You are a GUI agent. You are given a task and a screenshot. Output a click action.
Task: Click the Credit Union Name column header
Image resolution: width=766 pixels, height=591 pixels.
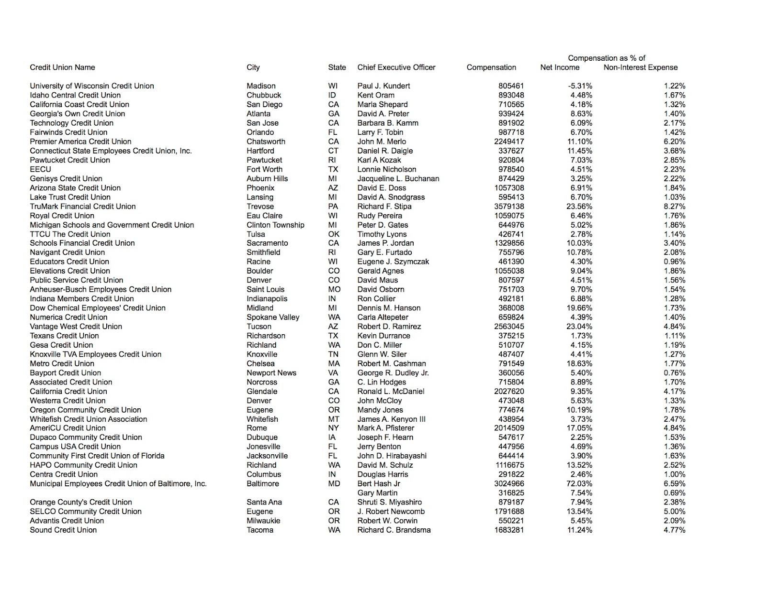(x=62, y=67)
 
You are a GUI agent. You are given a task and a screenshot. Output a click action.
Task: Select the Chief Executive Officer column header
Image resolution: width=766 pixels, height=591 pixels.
(x=396, y=67)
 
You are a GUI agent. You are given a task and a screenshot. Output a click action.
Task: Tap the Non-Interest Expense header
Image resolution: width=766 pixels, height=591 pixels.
(x=641, y=67)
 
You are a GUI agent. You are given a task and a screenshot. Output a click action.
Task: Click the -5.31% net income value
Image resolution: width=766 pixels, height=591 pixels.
(x=580, y=86)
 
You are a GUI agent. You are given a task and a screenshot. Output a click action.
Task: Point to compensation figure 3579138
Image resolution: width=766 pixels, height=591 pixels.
(x=509, y=207)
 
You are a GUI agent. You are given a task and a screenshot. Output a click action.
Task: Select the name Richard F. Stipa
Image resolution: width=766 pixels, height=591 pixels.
(x=384, y=207)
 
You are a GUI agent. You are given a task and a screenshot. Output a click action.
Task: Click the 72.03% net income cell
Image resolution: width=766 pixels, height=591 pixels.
(x=579, y=484)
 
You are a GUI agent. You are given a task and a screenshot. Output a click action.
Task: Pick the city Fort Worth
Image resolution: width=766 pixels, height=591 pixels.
(x=264, y=169)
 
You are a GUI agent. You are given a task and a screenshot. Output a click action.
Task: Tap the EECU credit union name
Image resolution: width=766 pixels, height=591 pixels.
(x=40, y=169)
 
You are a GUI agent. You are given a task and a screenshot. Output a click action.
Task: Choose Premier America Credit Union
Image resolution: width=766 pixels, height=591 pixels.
(x=80, y=142)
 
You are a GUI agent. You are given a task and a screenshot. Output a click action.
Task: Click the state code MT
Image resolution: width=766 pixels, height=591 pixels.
(x=334, y=419)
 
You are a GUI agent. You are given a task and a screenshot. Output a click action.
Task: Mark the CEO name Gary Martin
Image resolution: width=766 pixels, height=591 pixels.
(x=377, y=493)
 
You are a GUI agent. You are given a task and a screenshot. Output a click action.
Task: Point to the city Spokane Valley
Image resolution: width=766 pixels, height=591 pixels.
(x=273, y=317)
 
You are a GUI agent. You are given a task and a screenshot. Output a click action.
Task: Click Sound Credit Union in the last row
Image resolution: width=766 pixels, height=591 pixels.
(x=63, y=530)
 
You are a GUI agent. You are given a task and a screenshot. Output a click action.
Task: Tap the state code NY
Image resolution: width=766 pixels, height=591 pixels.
(x=334, y=428)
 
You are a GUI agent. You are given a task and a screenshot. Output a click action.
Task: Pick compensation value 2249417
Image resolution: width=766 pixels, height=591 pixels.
(x=509, y=142)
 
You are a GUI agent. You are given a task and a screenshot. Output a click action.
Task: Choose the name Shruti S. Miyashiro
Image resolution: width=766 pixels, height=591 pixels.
(x=390, y=503)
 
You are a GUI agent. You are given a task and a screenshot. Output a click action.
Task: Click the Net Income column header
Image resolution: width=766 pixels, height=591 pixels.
(x=560, y=67)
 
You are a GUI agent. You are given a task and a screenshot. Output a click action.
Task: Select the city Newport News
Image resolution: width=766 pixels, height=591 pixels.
(x=271, y=373)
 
